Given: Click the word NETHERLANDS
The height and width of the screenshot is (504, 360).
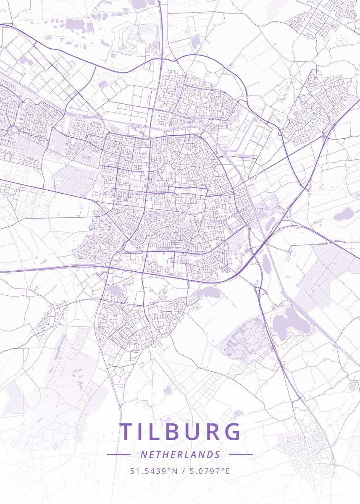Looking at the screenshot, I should click(x=180, y=454).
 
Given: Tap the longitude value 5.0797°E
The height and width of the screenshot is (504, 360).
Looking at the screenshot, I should click(x=209, y=471).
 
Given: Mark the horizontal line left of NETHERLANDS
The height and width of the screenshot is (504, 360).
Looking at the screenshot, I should click(x=118, y=454).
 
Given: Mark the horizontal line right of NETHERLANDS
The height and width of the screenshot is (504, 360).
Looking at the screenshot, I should click(x=241, y=454).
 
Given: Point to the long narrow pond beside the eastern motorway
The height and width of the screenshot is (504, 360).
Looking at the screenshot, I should click(x=266, y=263).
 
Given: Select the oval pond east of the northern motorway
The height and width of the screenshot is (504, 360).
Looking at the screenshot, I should click(x=196, y=41).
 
